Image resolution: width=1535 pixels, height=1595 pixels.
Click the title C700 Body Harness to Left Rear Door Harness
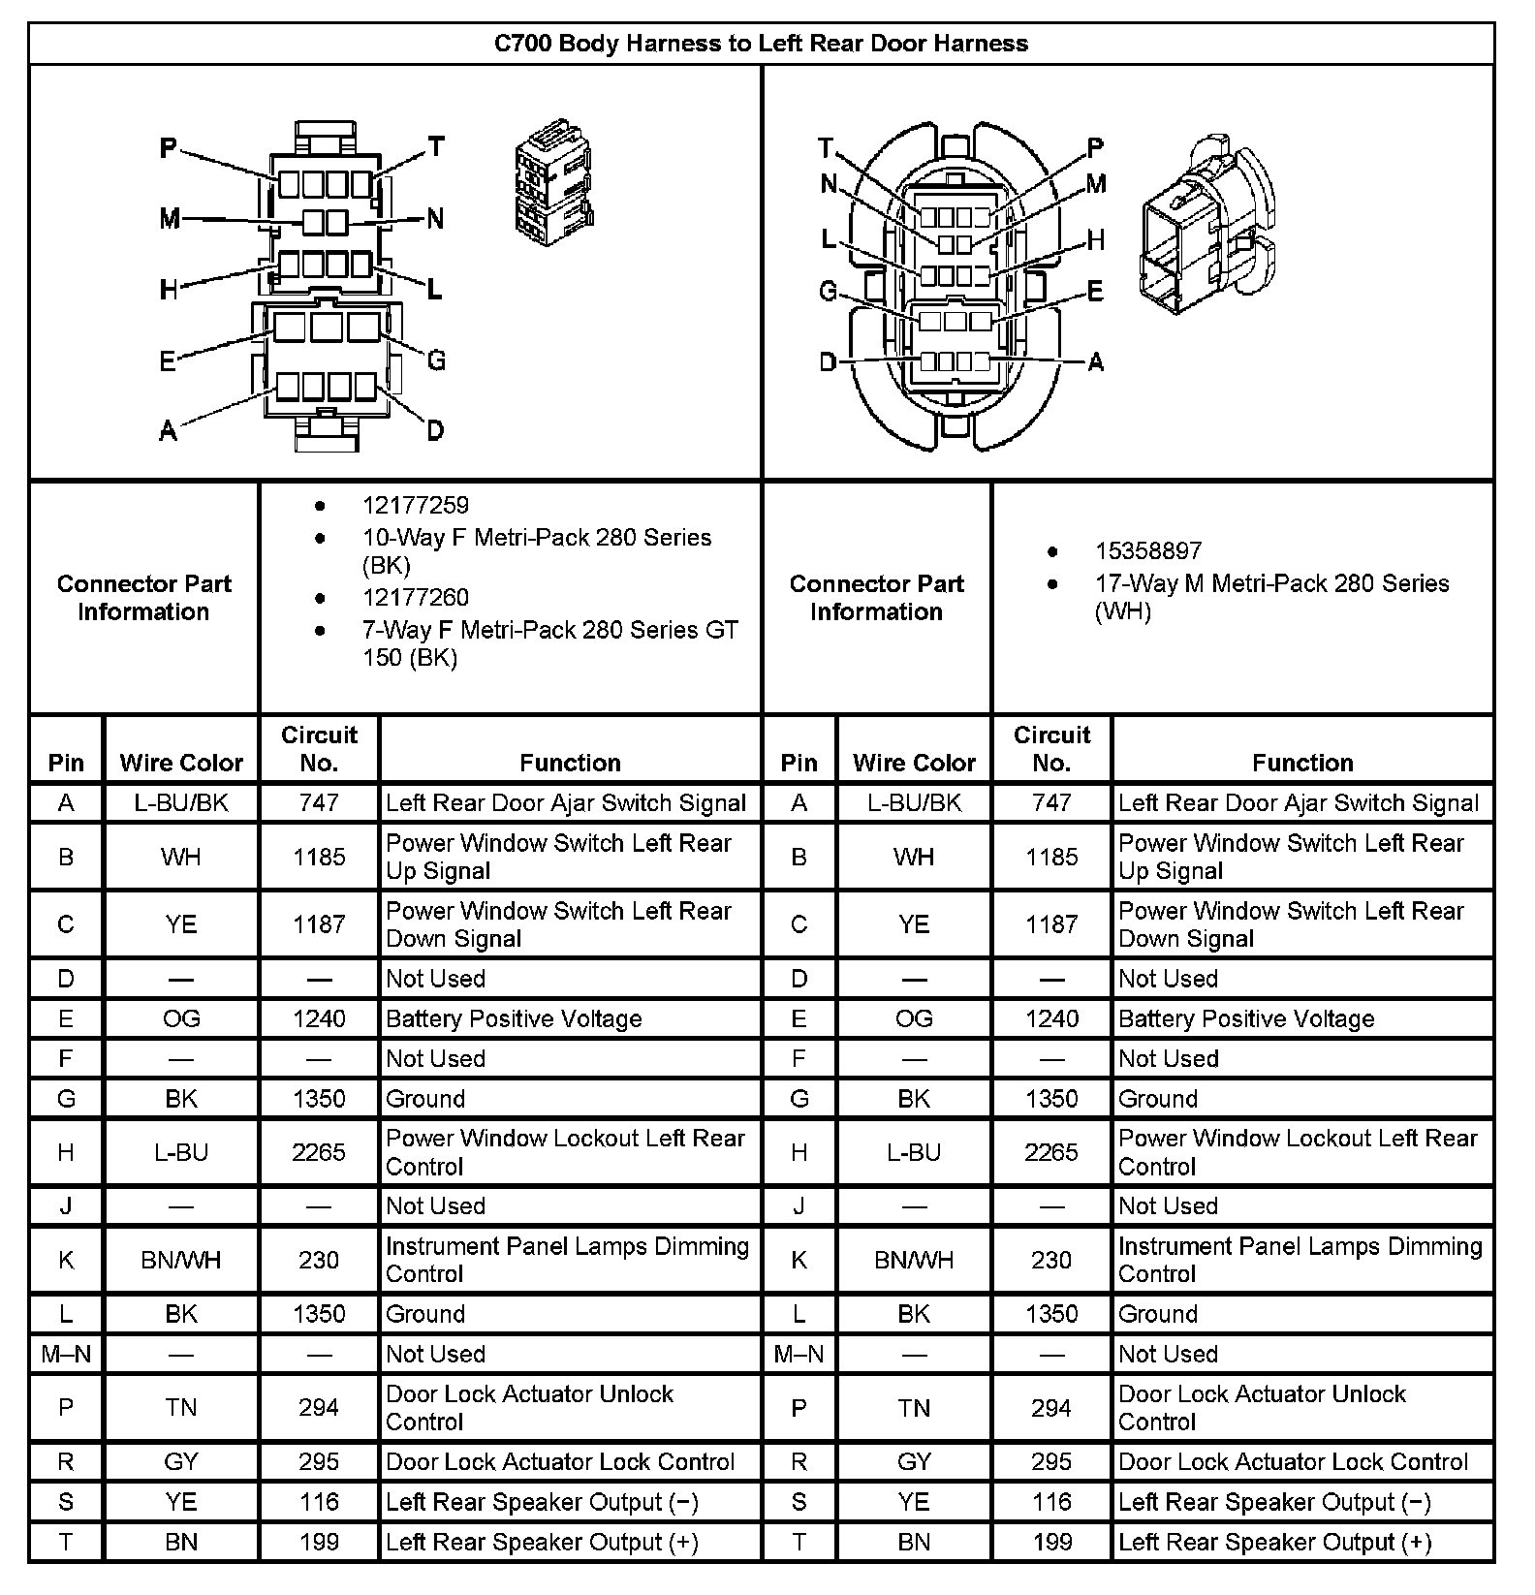[761, 44]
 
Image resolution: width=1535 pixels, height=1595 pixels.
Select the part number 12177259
[415, 505]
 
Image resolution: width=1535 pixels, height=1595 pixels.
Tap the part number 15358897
[1148, 550]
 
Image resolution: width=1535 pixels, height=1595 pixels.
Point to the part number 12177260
[415, 597]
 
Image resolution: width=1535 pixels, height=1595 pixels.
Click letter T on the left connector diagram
[436, 146]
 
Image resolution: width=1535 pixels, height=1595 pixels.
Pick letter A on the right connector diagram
[1095, 362]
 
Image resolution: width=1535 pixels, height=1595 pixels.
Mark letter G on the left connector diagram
[436, 360]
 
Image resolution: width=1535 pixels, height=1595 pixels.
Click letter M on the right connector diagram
[1096, 184]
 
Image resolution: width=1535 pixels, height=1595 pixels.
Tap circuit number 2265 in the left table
[319, 1152]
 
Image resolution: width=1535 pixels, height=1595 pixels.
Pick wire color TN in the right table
[914, 1408]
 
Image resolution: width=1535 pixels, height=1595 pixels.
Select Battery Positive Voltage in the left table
[514, 1018]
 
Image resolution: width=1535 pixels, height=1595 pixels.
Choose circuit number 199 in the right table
[1051, 1542]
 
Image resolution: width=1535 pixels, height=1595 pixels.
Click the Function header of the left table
[570, 763]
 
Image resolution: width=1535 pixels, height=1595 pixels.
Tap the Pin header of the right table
[799, 763]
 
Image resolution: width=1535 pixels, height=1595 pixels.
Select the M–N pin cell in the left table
[66, 1354]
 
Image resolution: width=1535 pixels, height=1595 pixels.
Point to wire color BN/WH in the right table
[914, 1260]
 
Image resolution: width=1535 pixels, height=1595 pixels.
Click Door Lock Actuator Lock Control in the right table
[1293, 1461]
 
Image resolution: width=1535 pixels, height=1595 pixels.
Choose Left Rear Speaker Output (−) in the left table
[542, 1502]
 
